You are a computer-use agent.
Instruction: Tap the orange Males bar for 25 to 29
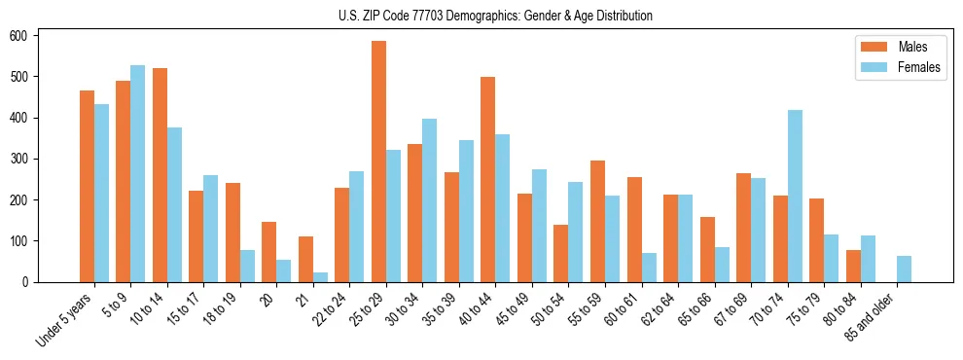tap(378, 162)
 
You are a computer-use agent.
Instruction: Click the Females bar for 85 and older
tap(904, 270)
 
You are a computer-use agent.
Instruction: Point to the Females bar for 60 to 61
tap(649, 268)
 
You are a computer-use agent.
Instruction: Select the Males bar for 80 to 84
tap(853, 266)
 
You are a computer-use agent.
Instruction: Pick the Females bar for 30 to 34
tap(430, 200)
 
